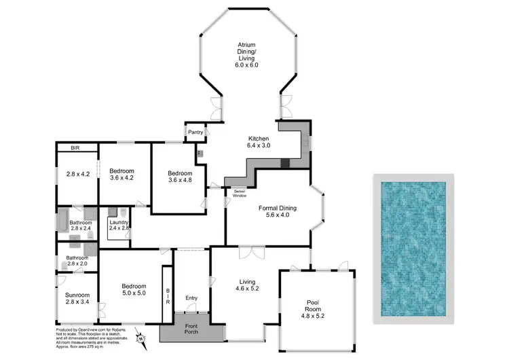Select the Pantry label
[x=196, y=132]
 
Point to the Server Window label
[x=240, y=194]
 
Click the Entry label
[x=192, y=297]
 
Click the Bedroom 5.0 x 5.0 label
[x=133, y=289]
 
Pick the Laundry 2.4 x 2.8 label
[x=119, y=224]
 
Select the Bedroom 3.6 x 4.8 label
[x=180, y=177]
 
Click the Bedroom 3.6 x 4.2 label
[x=122, y=174]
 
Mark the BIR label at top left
[x=76, y=147]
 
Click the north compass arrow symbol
[x=141, y=337]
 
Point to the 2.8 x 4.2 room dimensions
[x=77, y=174]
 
